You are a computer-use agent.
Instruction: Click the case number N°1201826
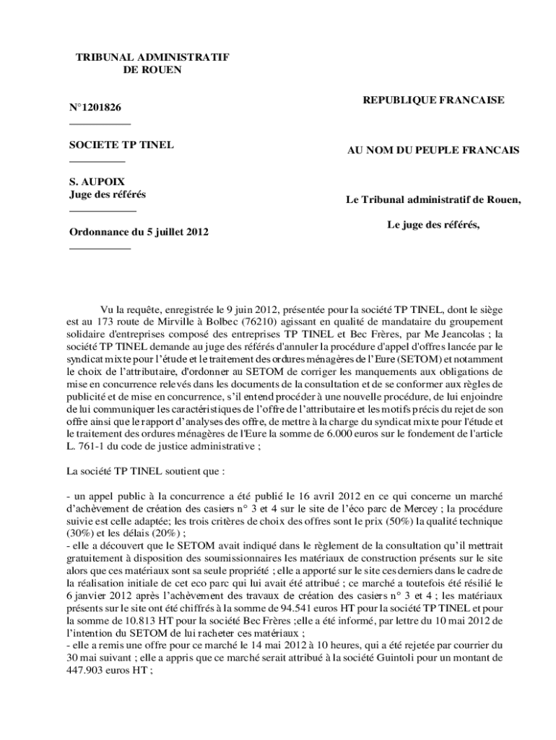click(95, 108)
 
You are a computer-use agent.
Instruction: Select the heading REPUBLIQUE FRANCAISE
click(433, 100)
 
